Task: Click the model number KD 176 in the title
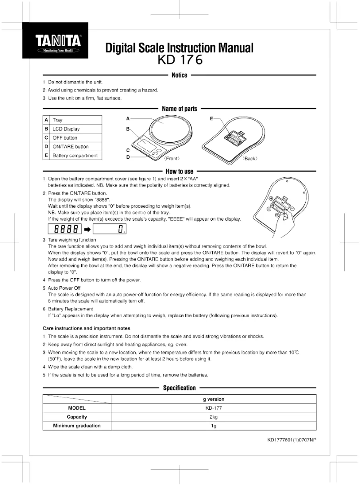click(180, 59)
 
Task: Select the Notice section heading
click(180, 75)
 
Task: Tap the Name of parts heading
click(180, 109)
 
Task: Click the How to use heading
click(180, 171)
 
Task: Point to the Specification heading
click(180, 388)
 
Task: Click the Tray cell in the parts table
click(76, 120)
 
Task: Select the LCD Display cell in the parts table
click(76, 129)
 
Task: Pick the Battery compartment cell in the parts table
click(76, 156)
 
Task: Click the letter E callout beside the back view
click(211, 119)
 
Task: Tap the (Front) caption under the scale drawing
click(172, 159)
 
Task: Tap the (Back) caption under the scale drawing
click(250, 159)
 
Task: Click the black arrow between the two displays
click(88, 229)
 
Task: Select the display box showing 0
click(110, 229)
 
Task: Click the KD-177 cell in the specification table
click(213, 408)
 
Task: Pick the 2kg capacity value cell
click(213, 417)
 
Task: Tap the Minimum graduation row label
click(77, 426)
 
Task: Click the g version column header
click(213, 399)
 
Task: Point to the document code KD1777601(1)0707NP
click(292, 440)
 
